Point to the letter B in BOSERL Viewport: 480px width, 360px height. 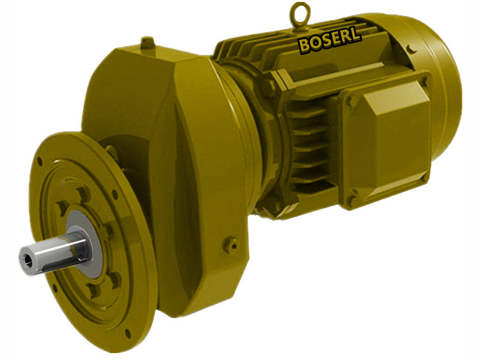click(x=304, y=45)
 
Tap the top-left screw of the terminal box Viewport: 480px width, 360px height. click(x=350, y=101)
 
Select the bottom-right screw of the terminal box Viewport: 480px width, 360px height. click(x=422, y=176)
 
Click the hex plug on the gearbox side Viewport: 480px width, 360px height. click(x=232, y=244)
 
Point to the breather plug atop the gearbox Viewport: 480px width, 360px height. click(x=148, y=43)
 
